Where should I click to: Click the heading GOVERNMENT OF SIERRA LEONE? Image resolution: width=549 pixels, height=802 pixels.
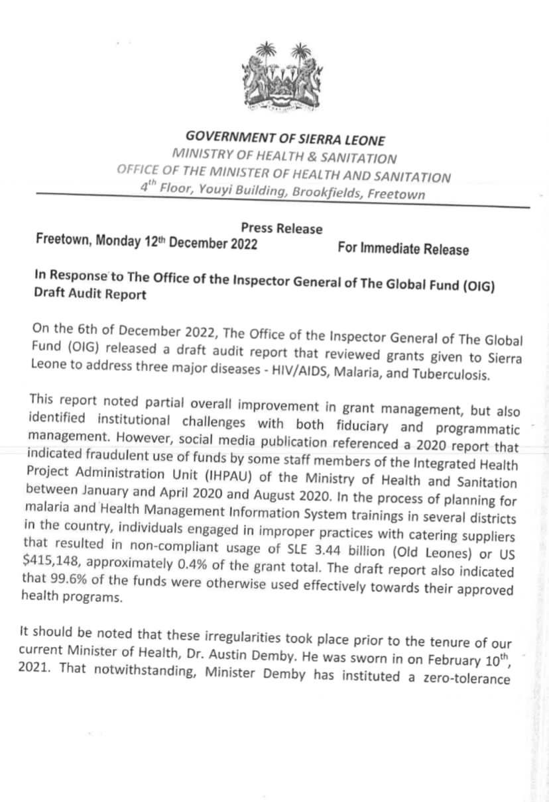[x=285, y=138]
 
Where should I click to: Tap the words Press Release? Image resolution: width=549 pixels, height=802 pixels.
[x=282, y=228]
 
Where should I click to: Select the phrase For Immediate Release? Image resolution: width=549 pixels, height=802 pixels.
[x=402, y=249]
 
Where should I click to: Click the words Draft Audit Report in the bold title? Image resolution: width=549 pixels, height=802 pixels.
[x=90, y=295]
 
